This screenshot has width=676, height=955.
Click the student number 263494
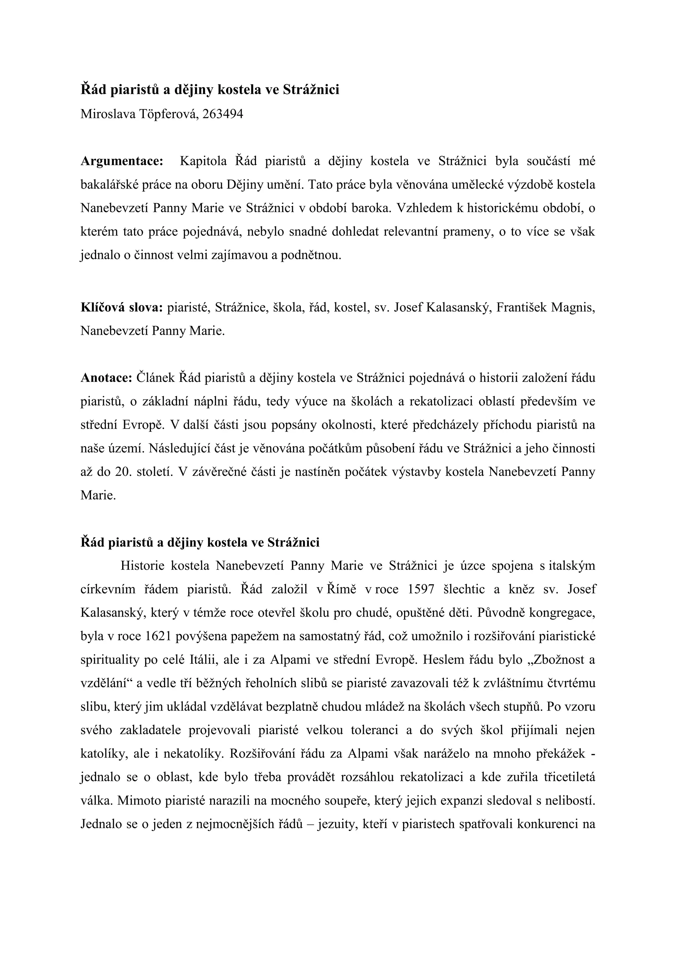point(223,114)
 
